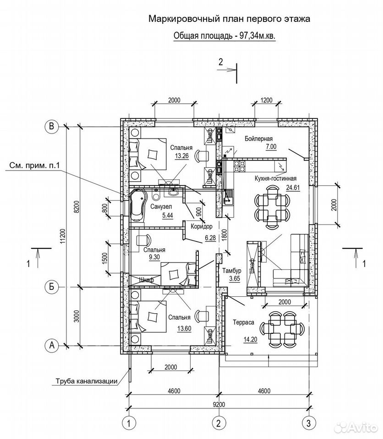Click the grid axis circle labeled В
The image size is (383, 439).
[x=52, y=126]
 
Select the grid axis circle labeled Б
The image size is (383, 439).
[x=52, y=287]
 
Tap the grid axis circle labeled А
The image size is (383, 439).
[x=52, y=346]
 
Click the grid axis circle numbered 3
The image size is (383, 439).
[x=309, y=423]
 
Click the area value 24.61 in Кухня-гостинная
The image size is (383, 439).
[x=293, y=187]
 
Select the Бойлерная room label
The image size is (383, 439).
[x=258, y=139]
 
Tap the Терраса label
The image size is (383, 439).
[x=244, y=322]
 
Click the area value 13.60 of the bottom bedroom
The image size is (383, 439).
[x=184, y=328]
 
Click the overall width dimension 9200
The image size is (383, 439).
[x=219, y=405]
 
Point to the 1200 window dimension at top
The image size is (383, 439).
[x=266, y=100]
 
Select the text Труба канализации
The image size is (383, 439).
[x=87, y=381]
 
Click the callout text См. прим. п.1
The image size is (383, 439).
[x=34, y=166]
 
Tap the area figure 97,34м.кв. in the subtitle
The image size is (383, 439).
[x=257, y=36]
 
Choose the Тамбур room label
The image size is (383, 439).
[x=232, y=271]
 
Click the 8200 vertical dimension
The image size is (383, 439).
[x=77, y=207]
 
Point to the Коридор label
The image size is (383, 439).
[x=202, y=226]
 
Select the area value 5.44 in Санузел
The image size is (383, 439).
[x=168, y=215]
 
